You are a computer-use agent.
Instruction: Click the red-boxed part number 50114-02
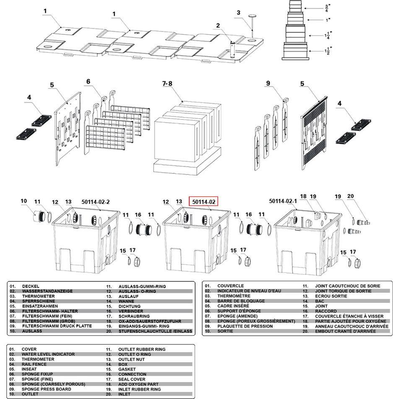203,202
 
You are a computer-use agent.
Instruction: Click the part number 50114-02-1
283,201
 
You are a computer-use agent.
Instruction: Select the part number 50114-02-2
96,202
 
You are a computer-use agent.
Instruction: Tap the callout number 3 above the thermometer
238,13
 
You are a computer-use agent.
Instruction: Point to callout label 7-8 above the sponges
167,83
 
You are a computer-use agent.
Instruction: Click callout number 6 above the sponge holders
88,81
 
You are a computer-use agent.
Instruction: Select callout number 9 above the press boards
268,83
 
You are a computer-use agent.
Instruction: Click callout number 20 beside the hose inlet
350,196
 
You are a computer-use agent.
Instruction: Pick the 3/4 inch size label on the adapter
326,8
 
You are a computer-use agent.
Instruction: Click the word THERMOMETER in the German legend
39,296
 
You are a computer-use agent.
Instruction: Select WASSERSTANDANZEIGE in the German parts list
47,291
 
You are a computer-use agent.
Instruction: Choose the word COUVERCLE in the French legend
230,286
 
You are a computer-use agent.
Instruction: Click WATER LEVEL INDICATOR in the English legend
48,354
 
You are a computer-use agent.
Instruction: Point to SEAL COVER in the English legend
132,379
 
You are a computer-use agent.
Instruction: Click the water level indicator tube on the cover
233,50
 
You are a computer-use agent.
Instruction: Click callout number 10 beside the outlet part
23,201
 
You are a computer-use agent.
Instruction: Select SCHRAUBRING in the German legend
134,316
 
